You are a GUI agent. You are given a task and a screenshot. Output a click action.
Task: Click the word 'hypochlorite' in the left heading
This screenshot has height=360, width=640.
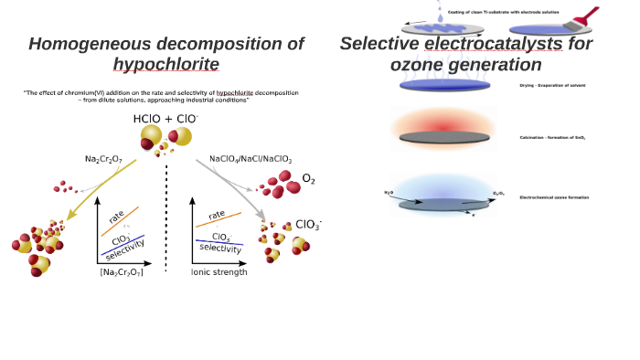(x=165, y=64)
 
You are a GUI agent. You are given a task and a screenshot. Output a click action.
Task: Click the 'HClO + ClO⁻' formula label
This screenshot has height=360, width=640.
(x=165, y=120)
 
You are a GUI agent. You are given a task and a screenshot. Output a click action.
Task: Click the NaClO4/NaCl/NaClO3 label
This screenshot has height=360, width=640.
(x=251, y=159)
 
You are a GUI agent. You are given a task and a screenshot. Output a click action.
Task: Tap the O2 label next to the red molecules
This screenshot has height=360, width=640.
(x=308, y=179)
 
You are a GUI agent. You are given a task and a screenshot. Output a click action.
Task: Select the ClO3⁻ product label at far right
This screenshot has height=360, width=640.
(x=308, y=225)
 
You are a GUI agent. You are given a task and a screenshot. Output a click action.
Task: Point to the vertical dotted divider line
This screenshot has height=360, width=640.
(x=165, y=219)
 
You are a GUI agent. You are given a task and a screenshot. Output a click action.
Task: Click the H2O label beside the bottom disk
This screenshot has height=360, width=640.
(x=389, y=193)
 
